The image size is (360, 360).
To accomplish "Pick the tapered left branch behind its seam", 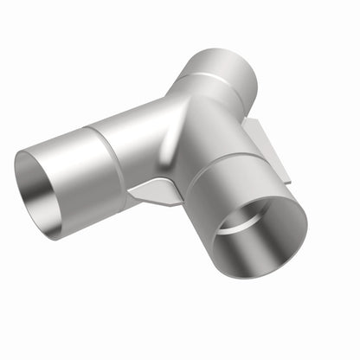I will (x=130, y=138).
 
